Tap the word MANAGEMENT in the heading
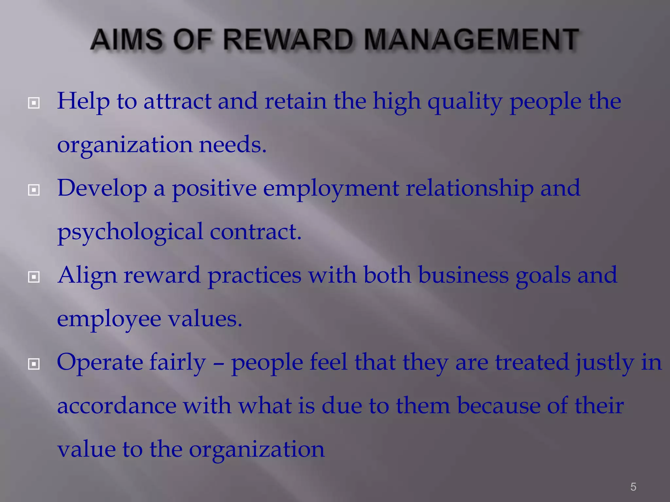coord(471,40)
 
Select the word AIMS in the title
coord(126,40)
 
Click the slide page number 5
coord(633,487)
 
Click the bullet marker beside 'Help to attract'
coord(34,103)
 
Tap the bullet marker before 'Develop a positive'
coord(34,190)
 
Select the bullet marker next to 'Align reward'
coord(34,277)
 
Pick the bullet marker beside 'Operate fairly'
coord(34,364)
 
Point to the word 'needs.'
coord(233,144)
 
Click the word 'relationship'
coord(469,189)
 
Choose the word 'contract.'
coord(255,231)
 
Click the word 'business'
coord(463,275)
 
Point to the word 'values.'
coord(205,319)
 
